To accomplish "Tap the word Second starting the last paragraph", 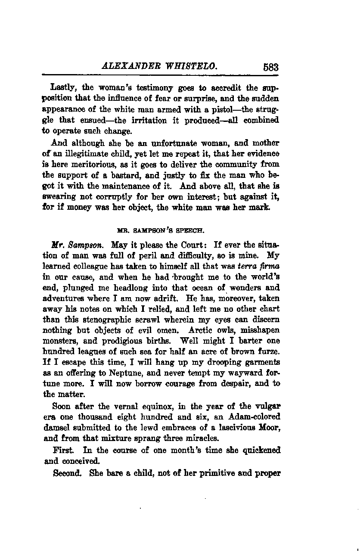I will coord(66,472).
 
